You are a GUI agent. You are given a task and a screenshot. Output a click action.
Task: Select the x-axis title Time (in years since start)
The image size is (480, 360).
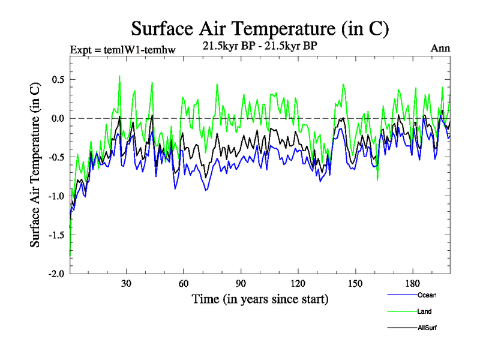260,299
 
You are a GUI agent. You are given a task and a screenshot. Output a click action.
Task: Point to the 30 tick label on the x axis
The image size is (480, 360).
127,283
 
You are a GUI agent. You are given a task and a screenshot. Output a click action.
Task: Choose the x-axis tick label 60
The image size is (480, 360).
184,283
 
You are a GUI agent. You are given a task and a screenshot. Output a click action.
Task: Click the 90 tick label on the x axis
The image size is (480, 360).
241,283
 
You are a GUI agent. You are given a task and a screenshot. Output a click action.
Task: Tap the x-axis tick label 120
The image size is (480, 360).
298,283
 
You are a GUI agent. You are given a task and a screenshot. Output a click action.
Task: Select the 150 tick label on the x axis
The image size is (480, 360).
355,283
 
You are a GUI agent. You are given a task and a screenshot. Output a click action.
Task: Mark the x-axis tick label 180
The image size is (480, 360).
412,283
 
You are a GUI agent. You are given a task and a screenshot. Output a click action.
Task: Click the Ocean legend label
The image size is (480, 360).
427,295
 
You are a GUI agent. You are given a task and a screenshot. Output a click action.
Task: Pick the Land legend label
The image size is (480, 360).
424,311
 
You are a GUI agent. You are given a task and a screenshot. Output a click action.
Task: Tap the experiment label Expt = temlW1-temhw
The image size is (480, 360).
122,50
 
